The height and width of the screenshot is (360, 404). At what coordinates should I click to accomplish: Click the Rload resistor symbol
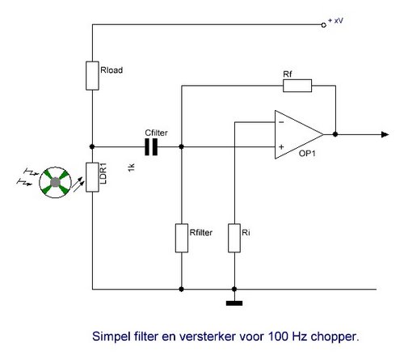92,76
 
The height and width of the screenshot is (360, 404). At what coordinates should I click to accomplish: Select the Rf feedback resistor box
297,86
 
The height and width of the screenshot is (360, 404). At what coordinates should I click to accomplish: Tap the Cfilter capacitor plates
151,147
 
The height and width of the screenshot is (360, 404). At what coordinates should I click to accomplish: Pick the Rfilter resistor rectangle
182,238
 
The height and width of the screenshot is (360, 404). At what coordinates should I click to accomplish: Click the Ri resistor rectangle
234,238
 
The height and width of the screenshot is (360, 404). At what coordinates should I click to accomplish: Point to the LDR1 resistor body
92,177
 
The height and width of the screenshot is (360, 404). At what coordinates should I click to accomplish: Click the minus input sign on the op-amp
281,122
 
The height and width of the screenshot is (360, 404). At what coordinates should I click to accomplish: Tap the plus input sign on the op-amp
281,147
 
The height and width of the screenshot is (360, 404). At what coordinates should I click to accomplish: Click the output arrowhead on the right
385,134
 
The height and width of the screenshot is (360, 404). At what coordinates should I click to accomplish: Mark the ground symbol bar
234,303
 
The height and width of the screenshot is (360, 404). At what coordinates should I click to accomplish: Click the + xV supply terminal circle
324,25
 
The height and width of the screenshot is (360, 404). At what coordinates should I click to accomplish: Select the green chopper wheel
56,182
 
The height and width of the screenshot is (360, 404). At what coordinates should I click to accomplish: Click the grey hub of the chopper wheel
56,182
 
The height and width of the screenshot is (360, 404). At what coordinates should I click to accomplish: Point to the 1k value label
131,167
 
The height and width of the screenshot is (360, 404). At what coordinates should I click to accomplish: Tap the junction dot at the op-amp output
335,134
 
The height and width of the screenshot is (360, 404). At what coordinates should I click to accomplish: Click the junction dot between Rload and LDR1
92,146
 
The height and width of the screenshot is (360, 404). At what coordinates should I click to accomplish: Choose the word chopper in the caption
335,337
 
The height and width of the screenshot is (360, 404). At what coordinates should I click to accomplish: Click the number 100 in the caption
278,337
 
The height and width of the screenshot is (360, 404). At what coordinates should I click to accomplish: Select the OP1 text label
307,154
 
